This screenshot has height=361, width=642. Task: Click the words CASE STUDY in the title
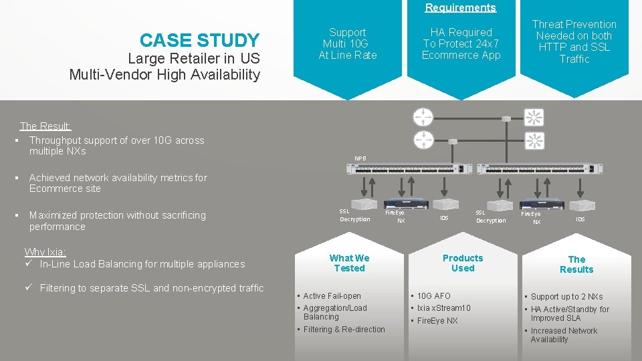coord(199,41)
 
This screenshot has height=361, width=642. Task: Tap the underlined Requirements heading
coord(460,7)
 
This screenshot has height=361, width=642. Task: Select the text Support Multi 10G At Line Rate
coord(348,43)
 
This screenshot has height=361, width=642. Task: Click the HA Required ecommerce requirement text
coord(461,43)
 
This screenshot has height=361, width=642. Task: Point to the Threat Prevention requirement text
coord(574,41)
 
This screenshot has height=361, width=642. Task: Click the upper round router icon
coord(423,116)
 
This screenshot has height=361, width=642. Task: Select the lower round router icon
coord(423,140)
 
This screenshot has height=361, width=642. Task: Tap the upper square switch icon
coord(534,118)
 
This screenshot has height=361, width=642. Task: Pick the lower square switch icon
coord(534,140)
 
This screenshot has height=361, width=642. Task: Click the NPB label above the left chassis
coord(360,158)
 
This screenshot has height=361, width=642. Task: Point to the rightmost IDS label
coord(580,219)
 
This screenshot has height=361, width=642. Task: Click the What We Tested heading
coord(349,263)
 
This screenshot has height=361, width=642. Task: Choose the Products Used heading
coord(462,263)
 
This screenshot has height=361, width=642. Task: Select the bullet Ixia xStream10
coord(444,308)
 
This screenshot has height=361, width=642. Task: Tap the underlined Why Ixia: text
coord(45,252)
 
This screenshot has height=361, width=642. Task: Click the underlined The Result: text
coord(45,126)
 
